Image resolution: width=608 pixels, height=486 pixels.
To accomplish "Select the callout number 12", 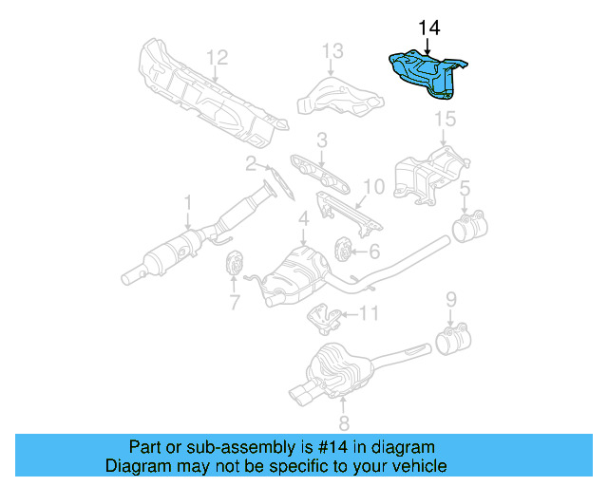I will coord(218,56).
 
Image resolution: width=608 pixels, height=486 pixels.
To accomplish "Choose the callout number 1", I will coord(188,201).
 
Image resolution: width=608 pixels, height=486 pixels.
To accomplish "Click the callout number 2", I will coord(251,163).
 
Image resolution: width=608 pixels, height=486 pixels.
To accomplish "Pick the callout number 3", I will coord(322,140).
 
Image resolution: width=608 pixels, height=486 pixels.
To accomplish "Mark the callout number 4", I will coord(303,220).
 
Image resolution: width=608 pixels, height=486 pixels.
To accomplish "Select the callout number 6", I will coord(374,251).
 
